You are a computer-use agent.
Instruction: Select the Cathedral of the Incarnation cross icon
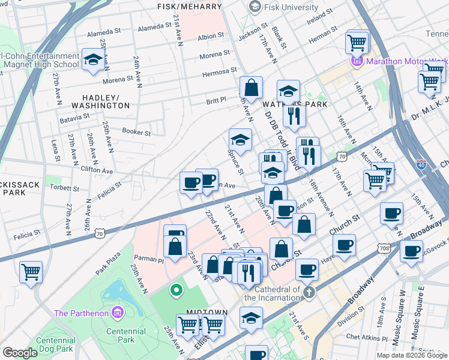(x=309, y=293)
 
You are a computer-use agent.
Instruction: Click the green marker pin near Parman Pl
(x=176, y=291)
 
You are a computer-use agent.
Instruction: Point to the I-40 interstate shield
(x=422, y=163)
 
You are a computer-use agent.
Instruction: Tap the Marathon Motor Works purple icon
(x=356, y=61)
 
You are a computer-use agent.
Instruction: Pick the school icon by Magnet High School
(x=93, y=59)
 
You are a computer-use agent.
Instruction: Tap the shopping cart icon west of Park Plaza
(x=31, y=272)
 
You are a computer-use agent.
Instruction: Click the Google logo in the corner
(x=20, y=353)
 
